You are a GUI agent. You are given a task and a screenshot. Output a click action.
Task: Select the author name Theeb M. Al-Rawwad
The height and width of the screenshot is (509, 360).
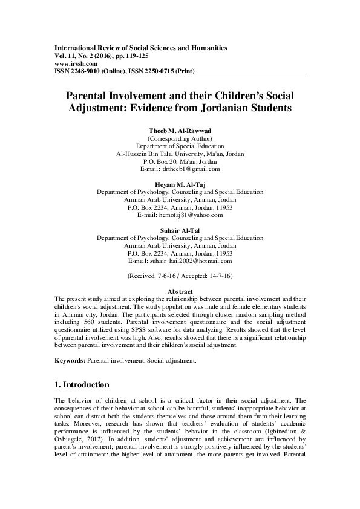tap(180, 131)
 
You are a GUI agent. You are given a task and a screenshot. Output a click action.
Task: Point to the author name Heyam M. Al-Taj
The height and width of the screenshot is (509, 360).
tap(180, 184)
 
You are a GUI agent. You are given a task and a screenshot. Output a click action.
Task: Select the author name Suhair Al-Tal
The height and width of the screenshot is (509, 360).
tap(180, 230)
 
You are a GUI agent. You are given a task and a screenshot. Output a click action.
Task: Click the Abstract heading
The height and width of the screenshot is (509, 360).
tap(180, 291)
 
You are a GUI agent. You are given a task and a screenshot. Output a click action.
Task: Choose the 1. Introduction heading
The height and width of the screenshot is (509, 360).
tap(82, 384)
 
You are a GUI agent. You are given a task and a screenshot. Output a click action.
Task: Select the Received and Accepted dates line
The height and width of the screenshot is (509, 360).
tap(180, 276)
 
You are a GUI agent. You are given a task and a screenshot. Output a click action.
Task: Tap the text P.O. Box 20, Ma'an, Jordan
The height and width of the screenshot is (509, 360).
tap(180, 162)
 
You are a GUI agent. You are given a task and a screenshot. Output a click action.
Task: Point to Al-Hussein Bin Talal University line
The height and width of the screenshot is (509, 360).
tap(180, 154)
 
